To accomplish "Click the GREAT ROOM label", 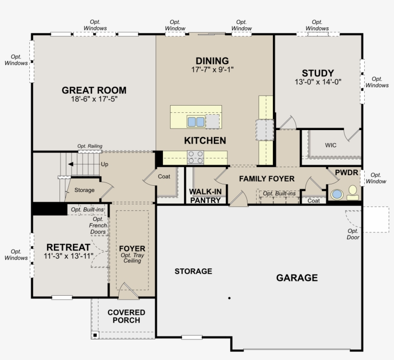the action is (x=94, y=90).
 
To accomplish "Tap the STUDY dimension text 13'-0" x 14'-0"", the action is (x=318, y=82).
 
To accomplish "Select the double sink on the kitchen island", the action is (x=196, y=122).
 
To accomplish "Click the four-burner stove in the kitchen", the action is (x=196, y=157).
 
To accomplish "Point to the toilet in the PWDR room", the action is (x=353, y=192).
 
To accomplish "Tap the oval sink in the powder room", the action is (x=337, y=194).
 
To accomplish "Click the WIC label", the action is (x=331, y=145).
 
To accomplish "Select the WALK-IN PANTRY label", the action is (x=205, y=196).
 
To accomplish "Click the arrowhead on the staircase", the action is (x=71, y=164).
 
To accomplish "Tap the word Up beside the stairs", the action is (x=105, y=165).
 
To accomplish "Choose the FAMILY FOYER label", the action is (x=267, y=179).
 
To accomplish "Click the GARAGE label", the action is (x=297, y=277).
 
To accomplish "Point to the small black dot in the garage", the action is (x=229, y=298).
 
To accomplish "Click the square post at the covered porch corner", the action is (x=95, y=335).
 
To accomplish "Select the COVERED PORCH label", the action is (x=126, y=316).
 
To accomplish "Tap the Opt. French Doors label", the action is (x=98, y=226).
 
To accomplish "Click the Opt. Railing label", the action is (x=90, y=146).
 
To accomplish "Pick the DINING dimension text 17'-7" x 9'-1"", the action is (x=212, y=70).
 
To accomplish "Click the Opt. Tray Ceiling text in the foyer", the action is (x=132, y=258).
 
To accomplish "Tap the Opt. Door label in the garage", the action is (x=353, y=234).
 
